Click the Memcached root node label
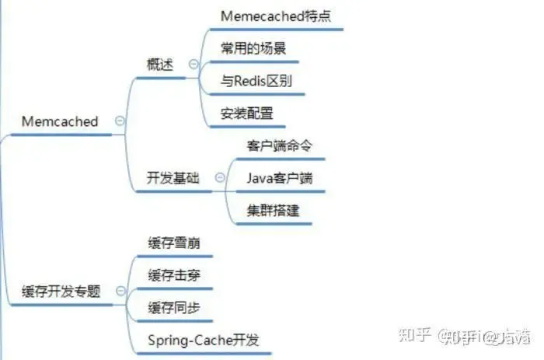point(60,121)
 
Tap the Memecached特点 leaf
point(276,16)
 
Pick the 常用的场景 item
point(253,47)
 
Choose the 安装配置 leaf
point(247,114)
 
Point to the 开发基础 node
point(173,178)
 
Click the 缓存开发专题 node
point(61,292)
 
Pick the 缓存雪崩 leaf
point(174,243)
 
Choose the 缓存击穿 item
point(174,275)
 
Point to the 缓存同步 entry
point(174,308)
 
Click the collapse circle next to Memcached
point(119,121)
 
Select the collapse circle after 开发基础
point(220,178)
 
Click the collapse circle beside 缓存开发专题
point(119,292)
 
